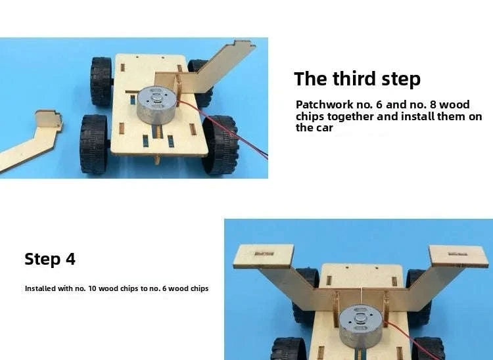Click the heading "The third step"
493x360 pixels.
[x=357, y=79]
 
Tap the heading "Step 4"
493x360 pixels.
[x=50, y=259]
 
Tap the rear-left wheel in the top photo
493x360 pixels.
[x=101, y=81]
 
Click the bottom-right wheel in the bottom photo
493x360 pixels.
[x=427, y=348]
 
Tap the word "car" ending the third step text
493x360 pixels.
[x=323, y=128]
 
